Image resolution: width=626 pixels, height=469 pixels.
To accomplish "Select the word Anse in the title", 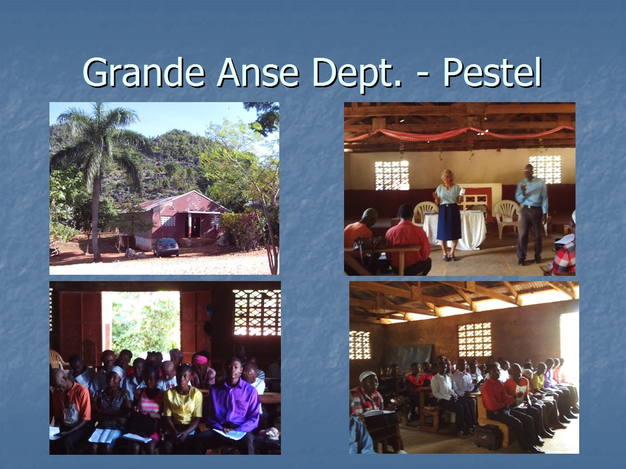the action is click(x=258, y=73).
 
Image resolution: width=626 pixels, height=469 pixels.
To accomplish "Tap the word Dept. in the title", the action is click(x=358, y=74).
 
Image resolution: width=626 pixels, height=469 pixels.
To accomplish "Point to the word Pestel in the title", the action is click(x=492, y=72).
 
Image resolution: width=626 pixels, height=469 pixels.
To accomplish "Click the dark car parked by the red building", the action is click(x=166, y=247).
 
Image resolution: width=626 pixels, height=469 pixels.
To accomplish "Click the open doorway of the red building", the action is click(x=195, y=226).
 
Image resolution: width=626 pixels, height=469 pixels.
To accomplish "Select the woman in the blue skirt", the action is click(x=448, y=215).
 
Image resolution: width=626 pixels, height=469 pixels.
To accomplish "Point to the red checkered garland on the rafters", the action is click(x=459, y=133).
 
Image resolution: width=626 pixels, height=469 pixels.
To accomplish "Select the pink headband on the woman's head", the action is click(x=201, y=359).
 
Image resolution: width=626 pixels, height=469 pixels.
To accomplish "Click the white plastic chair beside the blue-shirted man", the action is click(x=508, y=218).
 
